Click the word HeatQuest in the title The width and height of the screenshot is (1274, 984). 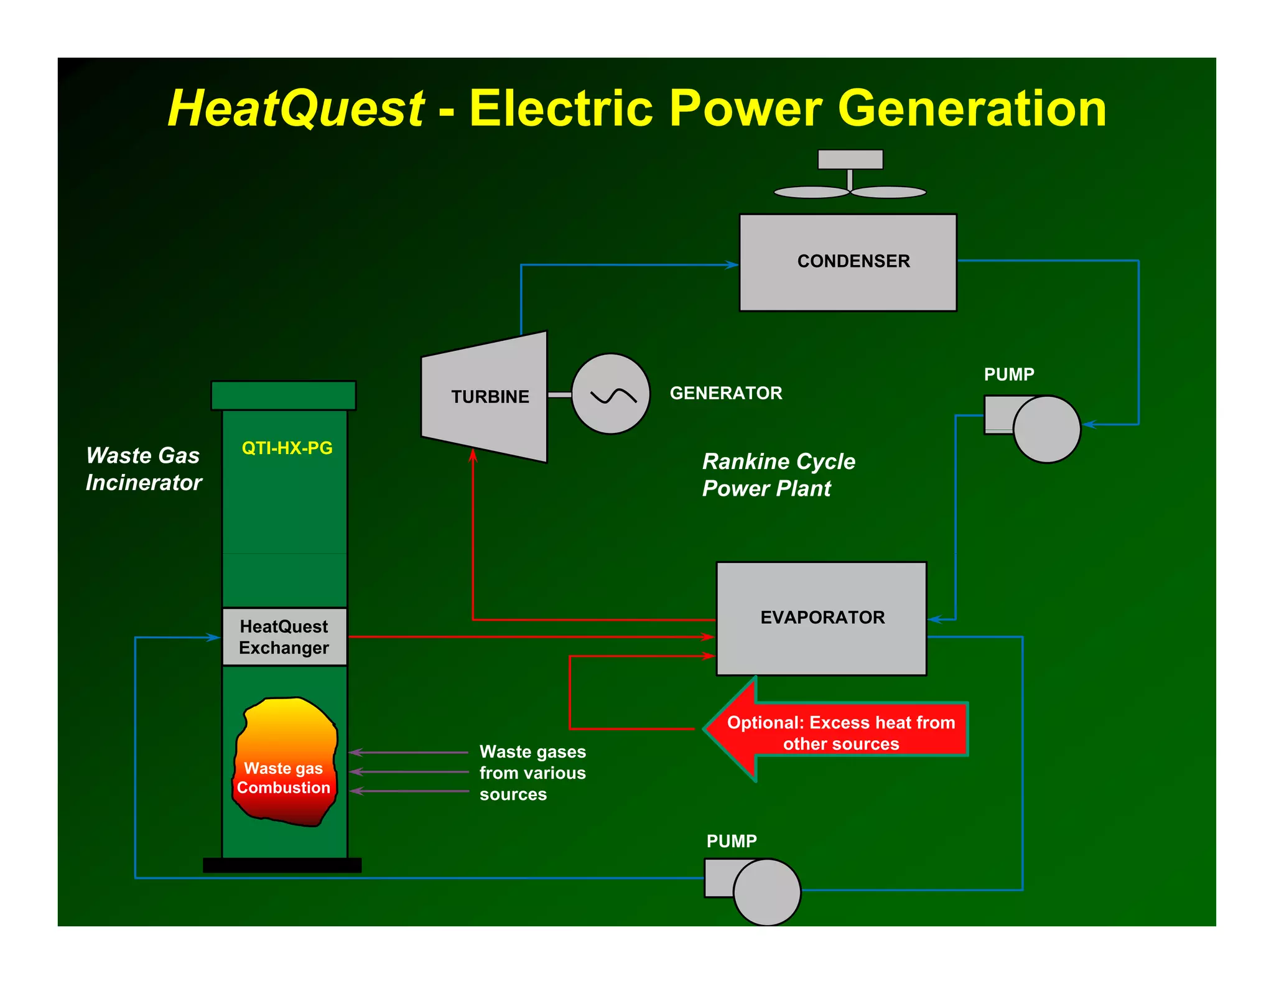[296, 108]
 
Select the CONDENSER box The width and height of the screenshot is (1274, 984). [847, 262]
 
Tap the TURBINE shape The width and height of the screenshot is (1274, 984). [485, 397]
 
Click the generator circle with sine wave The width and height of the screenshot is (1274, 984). [610, 394]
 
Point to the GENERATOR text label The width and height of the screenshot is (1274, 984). [725, 393]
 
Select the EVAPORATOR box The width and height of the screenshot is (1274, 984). [821, 618]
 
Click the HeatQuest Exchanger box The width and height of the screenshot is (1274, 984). [284, 637]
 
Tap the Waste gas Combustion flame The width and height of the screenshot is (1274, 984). [286, 762]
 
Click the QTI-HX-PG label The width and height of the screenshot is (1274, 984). [287, 448]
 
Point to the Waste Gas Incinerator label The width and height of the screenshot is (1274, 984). [144, 469]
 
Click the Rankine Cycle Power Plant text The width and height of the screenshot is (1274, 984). [778, 475]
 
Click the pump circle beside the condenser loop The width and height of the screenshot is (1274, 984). [1046, 429]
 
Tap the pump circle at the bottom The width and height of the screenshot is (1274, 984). [766, 892]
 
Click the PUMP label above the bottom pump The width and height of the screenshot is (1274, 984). [732, 841]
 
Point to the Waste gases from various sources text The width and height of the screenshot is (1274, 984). [532, 773]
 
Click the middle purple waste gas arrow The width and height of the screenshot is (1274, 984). [408, 772]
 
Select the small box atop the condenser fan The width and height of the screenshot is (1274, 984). [850, 159]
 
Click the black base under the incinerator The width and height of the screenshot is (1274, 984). [282, 865]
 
